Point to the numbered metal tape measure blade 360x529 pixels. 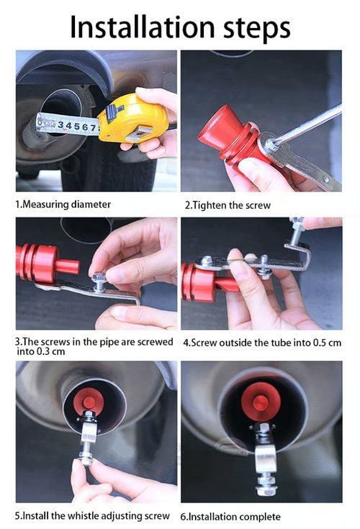click(68, 125)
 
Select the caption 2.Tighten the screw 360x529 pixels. click(228, 205)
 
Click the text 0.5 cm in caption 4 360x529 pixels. click(325, 343)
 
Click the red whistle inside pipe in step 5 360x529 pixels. click(90, 400)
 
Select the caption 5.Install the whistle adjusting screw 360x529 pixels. click(93, 516)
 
